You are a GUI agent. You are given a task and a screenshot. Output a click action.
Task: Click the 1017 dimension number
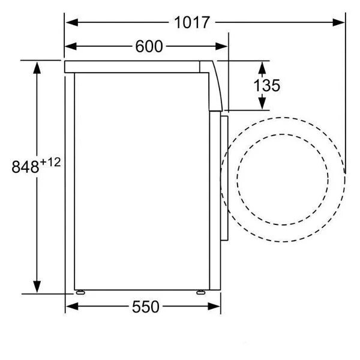click(192, 23)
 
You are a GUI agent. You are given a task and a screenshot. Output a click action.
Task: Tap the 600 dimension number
click(149, 46)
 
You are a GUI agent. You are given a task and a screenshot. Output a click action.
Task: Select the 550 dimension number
click(146, 307)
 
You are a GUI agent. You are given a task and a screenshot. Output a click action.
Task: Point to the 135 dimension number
click(267, 86)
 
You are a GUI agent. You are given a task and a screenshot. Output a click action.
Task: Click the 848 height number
click(25, 167)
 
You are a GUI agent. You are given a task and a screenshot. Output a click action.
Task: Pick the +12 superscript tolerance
click(50, 163)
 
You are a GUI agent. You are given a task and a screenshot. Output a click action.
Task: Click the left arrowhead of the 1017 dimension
click(71, 23)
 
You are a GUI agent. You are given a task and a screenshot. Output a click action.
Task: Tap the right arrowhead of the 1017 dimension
click(338, 23)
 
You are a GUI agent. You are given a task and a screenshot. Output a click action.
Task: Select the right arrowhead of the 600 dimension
click(221, 46)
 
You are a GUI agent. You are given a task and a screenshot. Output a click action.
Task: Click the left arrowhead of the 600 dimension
click(71, 46)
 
